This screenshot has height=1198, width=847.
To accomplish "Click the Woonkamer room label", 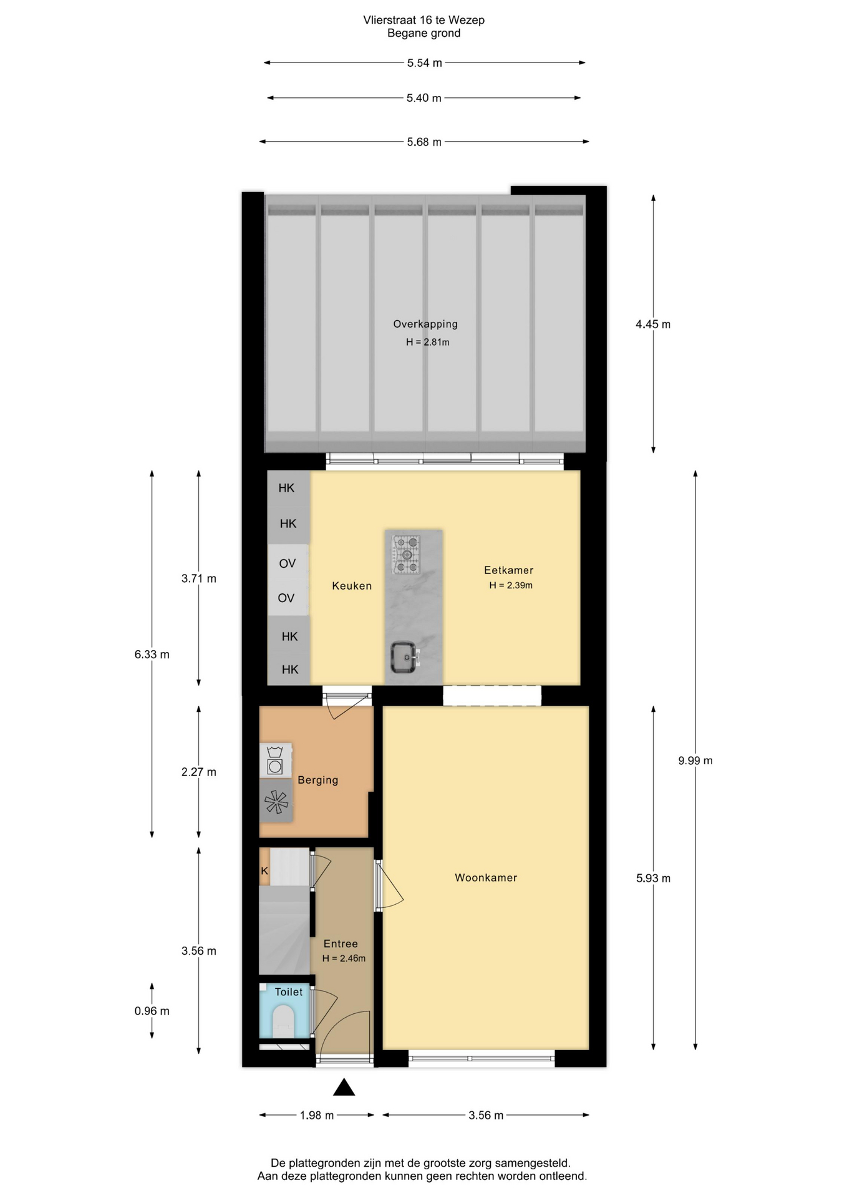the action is [x=486, y=877].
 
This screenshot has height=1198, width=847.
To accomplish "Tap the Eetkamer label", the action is [x=509, y=570].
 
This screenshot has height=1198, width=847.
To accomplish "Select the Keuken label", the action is [x=352, y=586].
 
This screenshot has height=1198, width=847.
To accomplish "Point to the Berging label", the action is [x=318, y=780].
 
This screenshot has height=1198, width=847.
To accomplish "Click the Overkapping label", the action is [x=425, y=324].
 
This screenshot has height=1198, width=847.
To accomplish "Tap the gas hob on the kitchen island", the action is [x=406, y=555].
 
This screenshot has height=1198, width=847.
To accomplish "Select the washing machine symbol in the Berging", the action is [x=275, y=761].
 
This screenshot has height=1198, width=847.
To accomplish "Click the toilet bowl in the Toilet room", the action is [x=283, y=1021].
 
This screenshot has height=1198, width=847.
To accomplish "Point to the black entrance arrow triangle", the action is [x=344, y=1088].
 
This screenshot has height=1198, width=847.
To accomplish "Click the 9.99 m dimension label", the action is [x=695, y=761].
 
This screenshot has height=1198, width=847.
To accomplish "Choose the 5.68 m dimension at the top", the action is [x=424, y=142].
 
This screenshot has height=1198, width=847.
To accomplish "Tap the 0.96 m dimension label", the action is [x=152, y=1011].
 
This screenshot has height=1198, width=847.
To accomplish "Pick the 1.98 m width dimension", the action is [x=317, y=1115].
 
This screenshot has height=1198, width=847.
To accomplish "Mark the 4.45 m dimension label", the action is [x=653, y=324].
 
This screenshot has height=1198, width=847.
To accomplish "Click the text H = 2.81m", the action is [x=428, y=342].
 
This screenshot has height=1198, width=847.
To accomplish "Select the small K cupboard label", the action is [x=264, y=871].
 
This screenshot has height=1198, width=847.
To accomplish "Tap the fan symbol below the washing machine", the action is [x=276, y=802].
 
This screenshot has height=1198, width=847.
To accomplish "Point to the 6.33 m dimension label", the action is [x=152, y=655].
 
